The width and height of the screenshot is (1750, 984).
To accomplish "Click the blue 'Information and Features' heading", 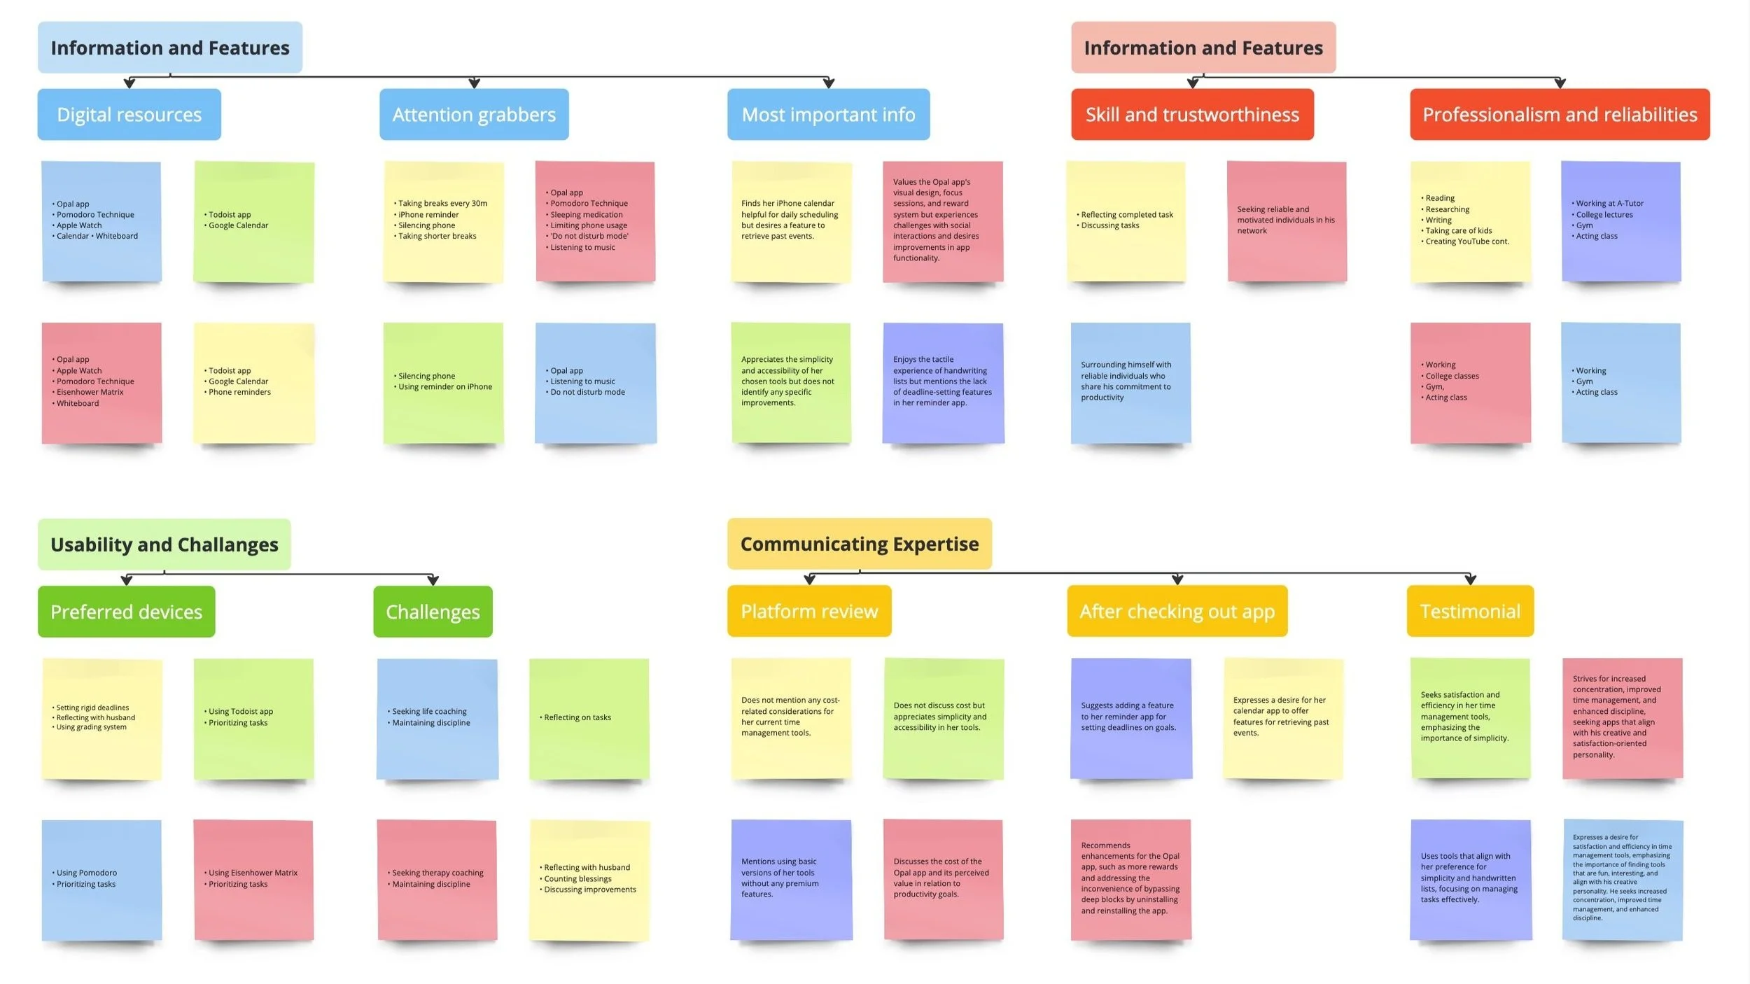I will click(x=170, y=48).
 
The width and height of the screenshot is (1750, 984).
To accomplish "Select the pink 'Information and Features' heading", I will click(x=1203, y=48).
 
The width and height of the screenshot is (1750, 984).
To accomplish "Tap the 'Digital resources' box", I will click(x=129, y=115).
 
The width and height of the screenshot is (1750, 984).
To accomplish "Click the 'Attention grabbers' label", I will click(x=474, y=115).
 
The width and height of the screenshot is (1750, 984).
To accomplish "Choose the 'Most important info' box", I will click(x=828, y=115).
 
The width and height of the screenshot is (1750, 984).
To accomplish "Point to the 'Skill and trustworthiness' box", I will click(x=1191, y=115).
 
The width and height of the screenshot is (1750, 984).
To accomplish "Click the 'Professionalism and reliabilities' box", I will click(x=1559, y=115).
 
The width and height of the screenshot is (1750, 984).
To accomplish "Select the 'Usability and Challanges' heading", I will click(x=164, y=544).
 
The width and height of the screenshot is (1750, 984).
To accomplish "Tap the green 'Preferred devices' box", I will click(x=126, y=612).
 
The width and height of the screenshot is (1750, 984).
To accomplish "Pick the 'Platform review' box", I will click(x=808, y=611).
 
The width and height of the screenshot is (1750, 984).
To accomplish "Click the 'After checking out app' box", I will click(x=1177, y=611).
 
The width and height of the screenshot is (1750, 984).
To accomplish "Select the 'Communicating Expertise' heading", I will click(x=859, y=544).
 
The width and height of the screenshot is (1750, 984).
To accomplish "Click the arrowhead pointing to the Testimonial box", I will click(x=1470, y=579).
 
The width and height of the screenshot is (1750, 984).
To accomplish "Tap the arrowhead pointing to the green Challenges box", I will click(x=433, y=580).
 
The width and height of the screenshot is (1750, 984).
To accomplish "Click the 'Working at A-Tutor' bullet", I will click(x=1609, y=204).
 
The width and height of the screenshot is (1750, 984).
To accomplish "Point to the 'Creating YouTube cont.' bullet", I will click(x=1467, y=241).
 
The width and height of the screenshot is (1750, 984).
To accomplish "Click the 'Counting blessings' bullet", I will click(x=577, y=879).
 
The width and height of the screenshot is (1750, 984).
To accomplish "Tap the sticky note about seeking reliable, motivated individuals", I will click(x=1286, y=220).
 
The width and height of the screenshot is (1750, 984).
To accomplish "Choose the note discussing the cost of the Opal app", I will click(x=942, y=879).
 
